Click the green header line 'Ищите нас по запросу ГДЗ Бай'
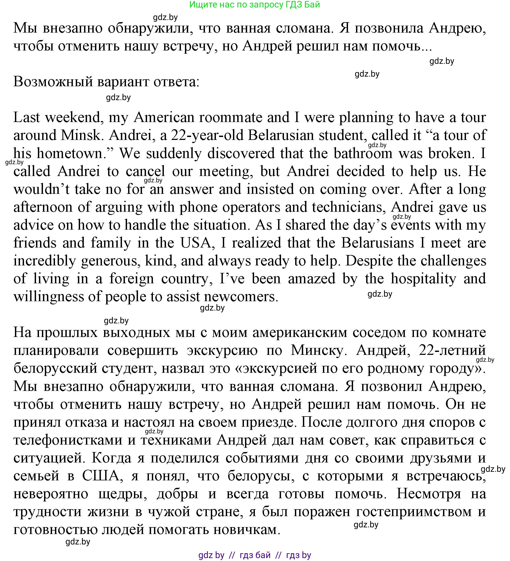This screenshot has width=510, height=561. tap(254, 5)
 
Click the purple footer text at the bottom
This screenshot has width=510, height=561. tap(254, 555)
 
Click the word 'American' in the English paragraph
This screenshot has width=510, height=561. tap(164, 117)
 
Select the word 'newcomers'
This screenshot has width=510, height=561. tap(241, 297)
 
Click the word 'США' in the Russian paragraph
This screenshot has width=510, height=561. tap(101, 476)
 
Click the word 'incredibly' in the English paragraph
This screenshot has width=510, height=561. tap(45, 261)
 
